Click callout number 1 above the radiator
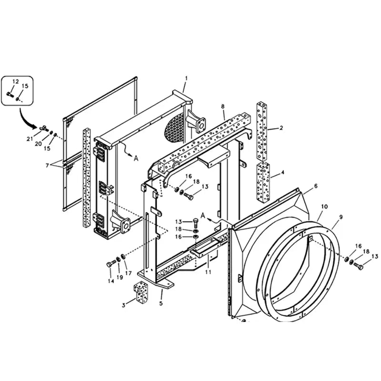pyautogui.click(x=186, y=78)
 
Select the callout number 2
pyautogui.click(x=281, y=128)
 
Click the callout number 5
pyautogui.click(x=161, y=303)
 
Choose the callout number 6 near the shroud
pyautogui.click(x=315, y=186)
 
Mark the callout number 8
pyautogui.click(x=223, y=106)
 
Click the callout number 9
pyautogui.click(x=341, y=217)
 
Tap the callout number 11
pyautogui.click(x=208, y=272)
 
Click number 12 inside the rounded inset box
pyautogui.click(x=15, y=82)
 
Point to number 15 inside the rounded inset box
pyautogui.click(x=26, y=86)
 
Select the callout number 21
pyautogui.click(x=30, y=138)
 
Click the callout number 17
pyautogui.click(x=128, y=273)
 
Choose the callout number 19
pyautogui.click(x=120, y=277)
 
